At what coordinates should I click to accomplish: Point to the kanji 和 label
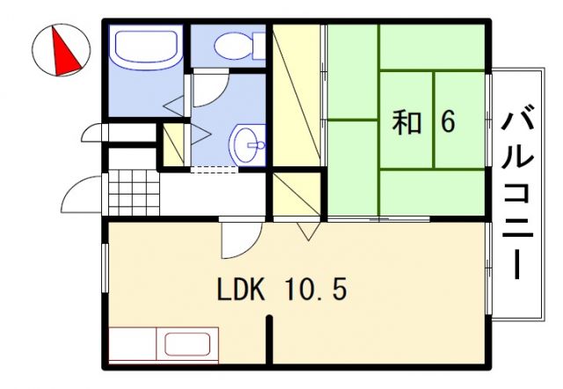[x=406, y=123]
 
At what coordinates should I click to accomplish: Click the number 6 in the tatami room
[x=448, y=123]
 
